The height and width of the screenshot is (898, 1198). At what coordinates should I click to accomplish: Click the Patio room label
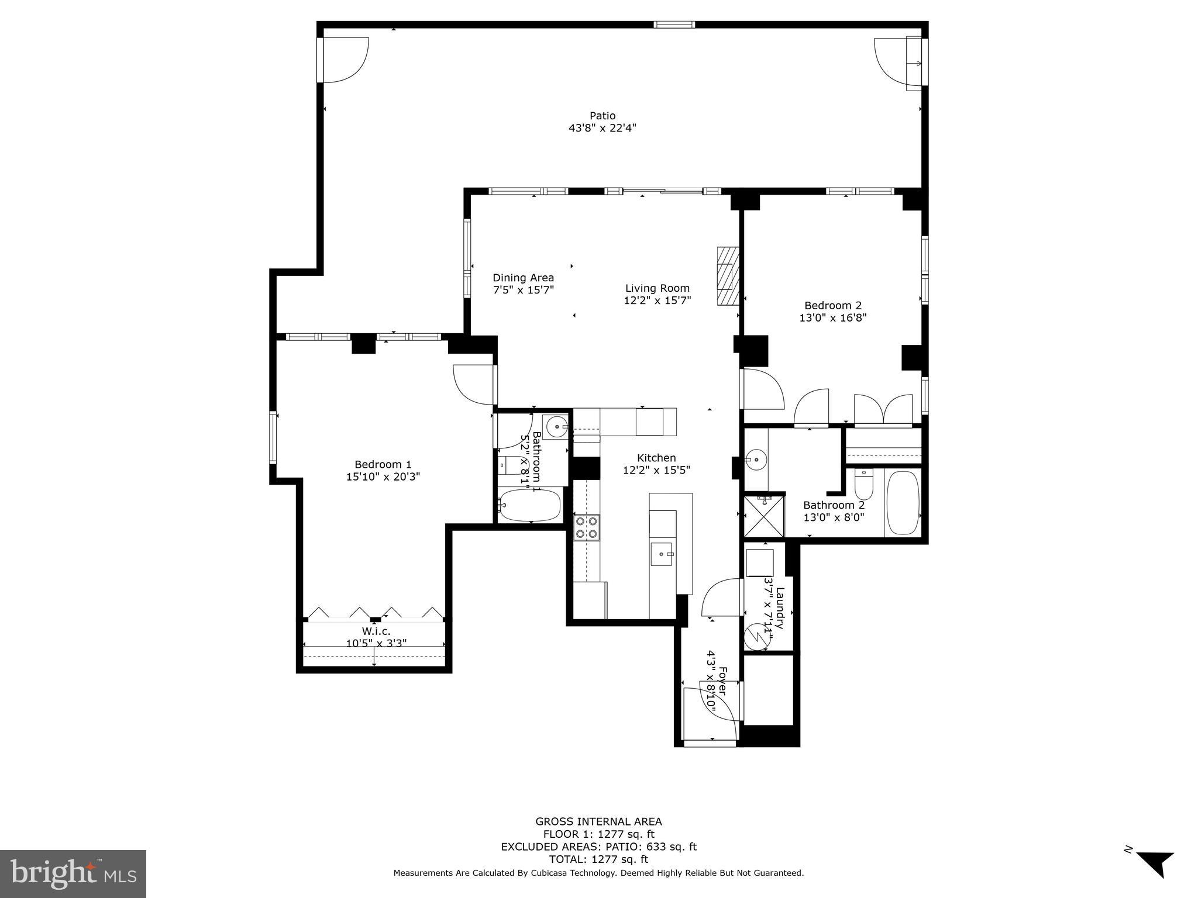(602, 116)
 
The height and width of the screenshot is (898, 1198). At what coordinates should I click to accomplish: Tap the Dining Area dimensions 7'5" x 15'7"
(523, 290)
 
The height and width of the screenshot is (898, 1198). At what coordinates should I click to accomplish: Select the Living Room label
(657, 288)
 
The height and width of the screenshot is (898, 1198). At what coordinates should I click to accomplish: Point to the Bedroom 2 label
(832, 305)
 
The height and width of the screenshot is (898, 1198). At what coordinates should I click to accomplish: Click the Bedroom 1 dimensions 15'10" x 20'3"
(383, 477)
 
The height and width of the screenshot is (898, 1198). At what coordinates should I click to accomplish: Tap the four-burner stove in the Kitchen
(586, 527)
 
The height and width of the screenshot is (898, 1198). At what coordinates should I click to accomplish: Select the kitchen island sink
(663, 553)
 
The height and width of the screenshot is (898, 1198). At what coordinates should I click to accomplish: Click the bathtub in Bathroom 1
(531, 505)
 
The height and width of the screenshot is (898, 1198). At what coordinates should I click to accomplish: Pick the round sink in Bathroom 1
(555, 427)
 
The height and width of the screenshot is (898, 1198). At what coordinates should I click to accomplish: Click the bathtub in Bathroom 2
(903, 503)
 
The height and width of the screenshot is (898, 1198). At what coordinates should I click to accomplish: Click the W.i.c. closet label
(376, 631)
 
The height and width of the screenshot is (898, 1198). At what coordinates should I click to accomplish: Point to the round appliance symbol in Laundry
(757, 637)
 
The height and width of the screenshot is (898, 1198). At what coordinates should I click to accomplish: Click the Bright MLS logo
(73, 874)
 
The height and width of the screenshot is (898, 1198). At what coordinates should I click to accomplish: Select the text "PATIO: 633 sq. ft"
(658, 847)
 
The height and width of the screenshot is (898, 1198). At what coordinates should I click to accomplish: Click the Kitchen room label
(656, 458)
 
